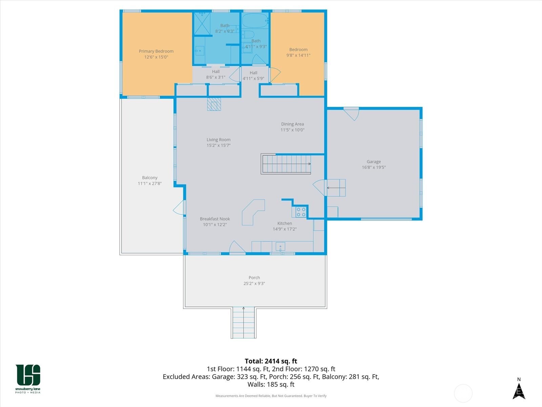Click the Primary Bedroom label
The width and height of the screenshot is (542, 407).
point(156,51)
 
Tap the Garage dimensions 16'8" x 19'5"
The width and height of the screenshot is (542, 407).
point(374,167)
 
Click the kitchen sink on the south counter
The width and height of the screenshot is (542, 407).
point(280,247)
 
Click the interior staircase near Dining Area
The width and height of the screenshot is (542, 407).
point(286,164)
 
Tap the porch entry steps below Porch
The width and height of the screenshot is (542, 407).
point(244,323)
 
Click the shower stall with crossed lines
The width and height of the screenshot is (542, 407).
point(202,24)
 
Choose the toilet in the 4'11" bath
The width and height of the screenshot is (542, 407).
point(248,35)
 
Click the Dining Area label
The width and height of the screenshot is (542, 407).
point(292,124)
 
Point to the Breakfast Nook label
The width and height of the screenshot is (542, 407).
point(215,219)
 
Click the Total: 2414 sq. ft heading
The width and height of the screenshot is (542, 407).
point(271,361)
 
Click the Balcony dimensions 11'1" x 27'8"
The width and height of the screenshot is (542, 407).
point(150,183)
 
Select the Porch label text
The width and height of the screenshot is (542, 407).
point(254,278)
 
